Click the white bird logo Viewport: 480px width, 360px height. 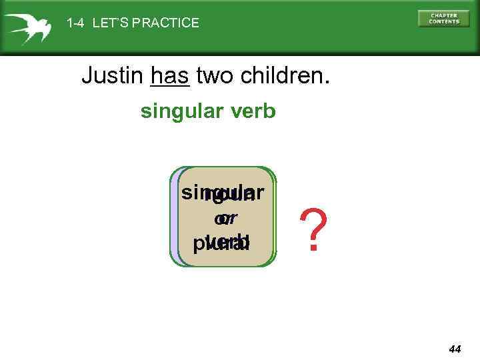[x=27, y=27]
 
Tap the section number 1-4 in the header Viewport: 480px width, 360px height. [x=76, y=23]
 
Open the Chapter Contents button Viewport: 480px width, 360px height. [x=443, y=18]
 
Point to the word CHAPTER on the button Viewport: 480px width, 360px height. [x=444, y=15]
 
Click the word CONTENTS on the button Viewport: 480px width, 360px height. [x=444, y=21]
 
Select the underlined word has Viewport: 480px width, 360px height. [x=171, y=76]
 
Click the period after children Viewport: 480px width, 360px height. [x=325, y=83]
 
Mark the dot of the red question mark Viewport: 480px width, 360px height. [x=313, y=249]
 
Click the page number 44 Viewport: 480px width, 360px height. [x=455, y=349]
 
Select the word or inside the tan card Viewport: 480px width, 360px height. [x=225, y=218]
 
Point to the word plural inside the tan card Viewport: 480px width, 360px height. [x=221, y=242]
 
